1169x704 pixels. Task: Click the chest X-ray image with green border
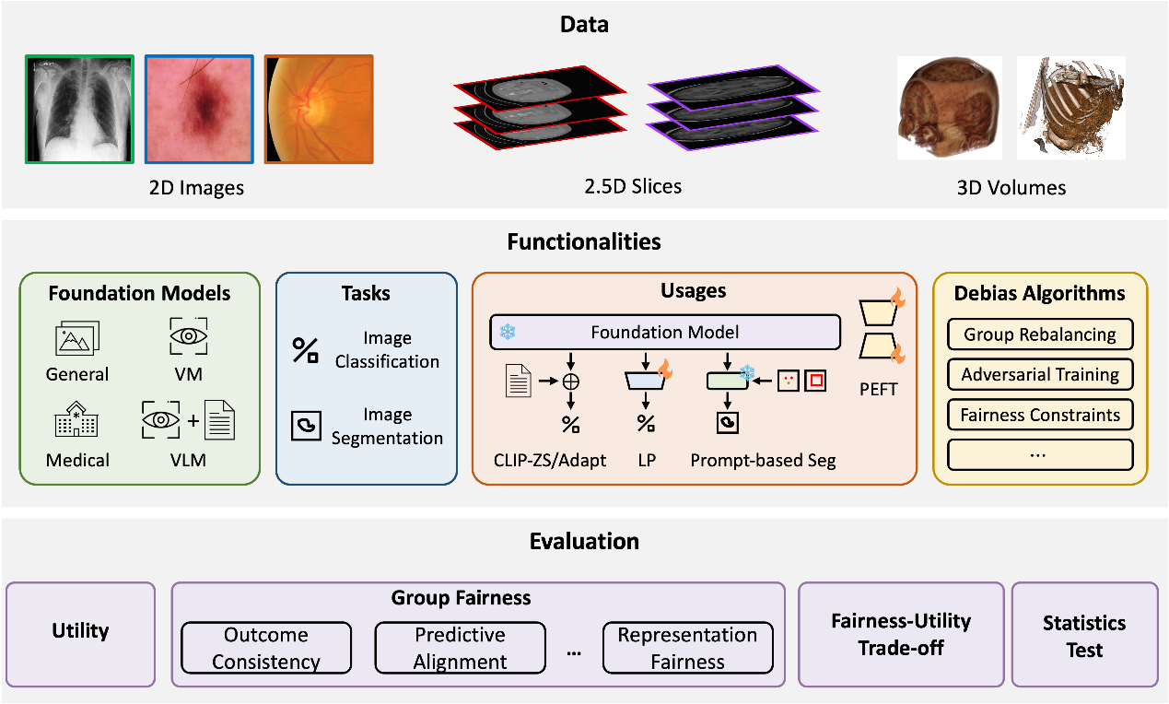80,109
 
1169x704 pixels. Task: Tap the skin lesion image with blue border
199,109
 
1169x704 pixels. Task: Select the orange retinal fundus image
319,109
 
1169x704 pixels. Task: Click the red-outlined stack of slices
540,108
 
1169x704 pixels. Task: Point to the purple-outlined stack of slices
732,108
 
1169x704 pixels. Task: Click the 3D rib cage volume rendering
1070,108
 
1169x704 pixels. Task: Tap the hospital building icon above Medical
76,418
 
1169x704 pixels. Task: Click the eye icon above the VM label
189,335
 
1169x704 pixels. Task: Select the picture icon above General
77,337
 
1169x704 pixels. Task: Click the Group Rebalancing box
1040,334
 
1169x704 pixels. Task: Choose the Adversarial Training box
1040,374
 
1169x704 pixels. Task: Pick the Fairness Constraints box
1040,415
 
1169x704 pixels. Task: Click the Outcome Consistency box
266,648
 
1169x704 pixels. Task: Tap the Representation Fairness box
688,648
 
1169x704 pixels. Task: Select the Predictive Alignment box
461,648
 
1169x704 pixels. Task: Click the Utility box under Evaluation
81,634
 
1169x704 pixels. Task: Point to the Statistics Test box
1084,634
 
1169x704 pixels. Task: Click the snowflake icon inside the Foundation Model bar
508,332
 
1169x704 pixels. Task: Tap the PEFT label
878,389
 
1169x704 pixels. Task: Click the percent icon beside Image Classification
305,350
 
